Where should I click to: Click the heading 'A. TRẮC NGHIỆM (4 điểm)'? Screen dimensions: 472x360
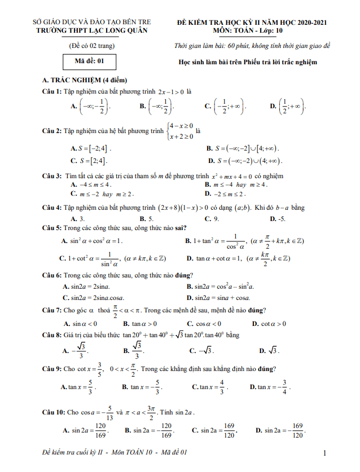(x=81, y=80)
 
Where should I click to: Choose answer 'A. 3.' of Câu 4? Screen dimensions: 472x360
(x=78, y=218)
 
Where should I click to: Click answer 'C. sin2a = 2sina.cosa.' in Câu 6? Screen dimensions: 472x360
(x=94, y=297)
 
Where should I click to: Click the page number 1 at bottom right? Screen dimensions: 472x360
(x=326, y=453)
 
